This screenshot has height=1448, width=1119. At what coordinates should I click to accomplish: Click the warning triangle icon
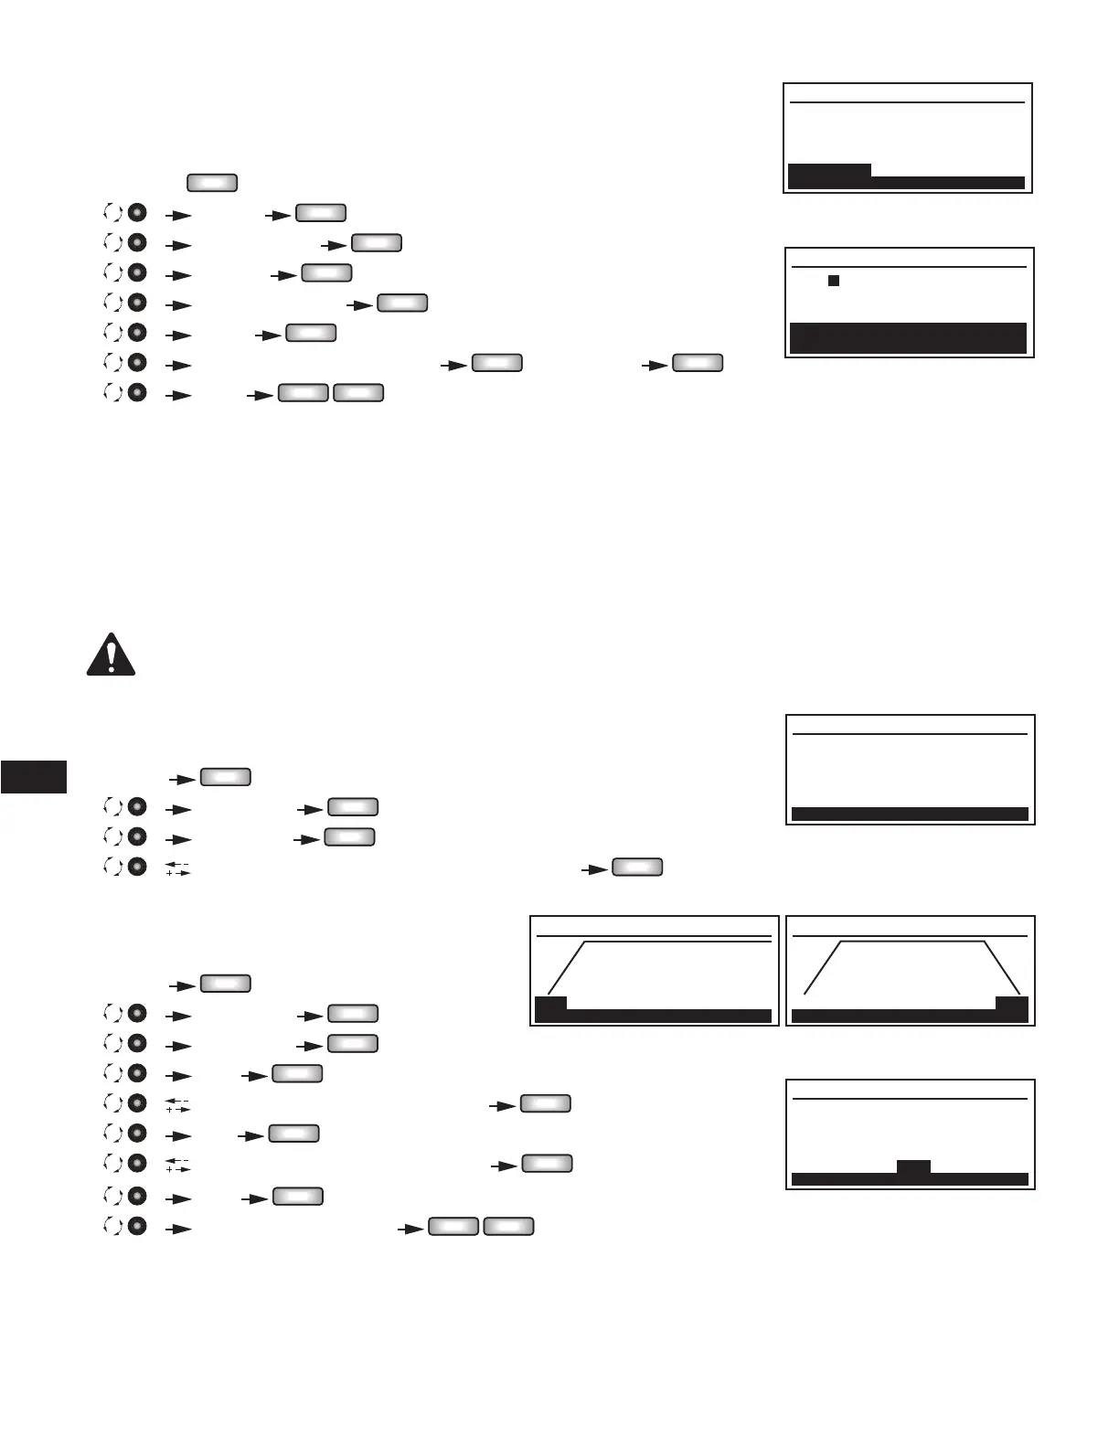[111, 655]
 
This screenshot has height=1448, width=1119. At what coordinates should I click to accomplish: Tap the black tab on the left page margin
[34, 776]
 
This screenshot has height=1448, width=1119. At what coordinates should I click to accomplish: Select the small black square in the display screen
[834, 281]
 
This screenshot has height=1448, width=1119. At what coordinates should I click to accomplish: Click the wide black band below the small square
[908, 337]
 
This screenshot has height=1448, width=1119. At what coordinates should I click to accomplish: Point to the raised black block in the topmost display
[829, 171]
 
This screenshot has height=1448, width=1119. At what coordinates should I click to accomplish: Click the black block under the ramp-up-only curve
[550, 1004]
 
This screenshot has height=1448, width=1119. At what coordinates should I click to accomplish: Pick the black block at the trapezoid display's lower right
[1011, 1004]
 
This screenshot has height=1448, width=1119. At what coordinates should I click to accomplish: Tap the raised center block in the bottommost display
[913, 1167]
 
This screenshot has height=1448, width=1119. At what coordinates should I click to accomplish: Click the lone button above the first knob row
[212, 182]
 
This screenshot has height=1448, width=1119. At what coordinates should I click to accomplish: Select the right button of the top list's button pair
[358, 393]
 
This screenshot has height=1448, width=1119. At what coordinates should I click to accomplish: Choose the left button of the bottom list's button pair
[453, 1226]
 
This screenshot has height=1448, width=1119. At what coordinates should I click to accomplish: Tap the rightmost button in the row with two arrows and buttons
[698, 363]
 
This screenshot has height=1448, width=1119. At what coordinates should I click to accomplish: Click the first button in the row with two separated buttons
[497, 363]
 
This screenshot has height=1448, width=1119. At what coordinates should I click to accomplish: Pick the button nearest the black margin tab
[225, 777]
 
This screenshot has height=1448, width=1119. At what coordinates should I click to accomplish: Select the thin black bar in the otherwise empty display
[910, 814]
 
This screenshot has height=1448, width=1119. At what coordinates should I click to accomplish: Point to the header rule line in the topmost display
[907, 102]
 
